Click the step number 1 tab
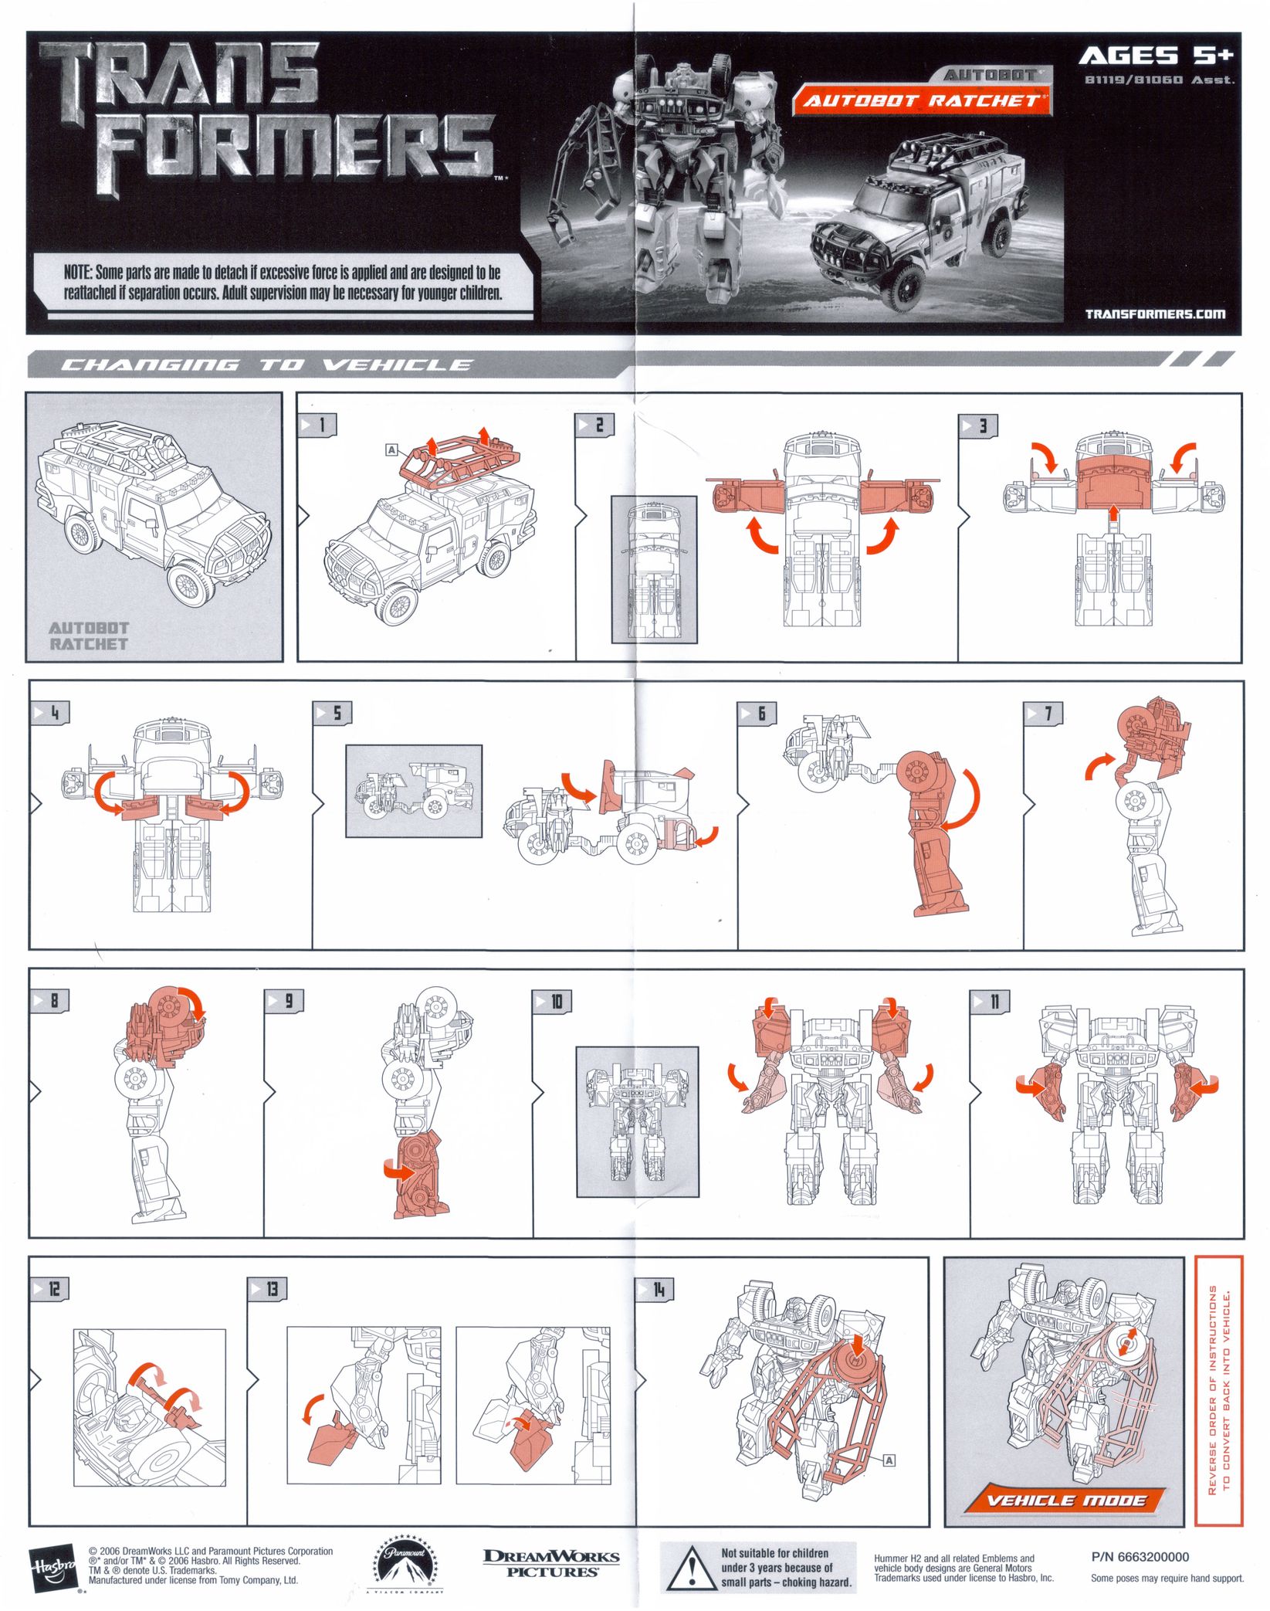[x=317, y=424]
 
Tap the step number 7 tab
[x=1043, y=714]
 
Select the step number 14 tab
[x=654, y=1288]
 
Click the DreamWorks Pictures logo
[x=551, y=1563]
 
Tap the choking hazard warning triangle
[x=693, y=1568]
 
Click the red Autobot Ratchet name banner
[x=921, y=100]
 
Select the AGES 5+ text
[x=1156, y=56]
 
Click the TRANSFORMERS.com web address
[x=1154, y=314]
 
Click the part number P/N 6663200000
[x=1140, y=1556]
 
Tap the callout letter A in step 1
[x=391, y=449]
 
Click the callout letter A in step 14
[x=889, y=1460]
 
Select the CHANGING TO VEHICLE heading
[x=266, y=365]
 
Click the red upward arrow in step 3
[x=1113, y=514]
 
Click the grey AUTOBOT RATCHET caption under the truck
[x=88, y=636]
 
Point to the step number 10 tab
[x=552, y=1002]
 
